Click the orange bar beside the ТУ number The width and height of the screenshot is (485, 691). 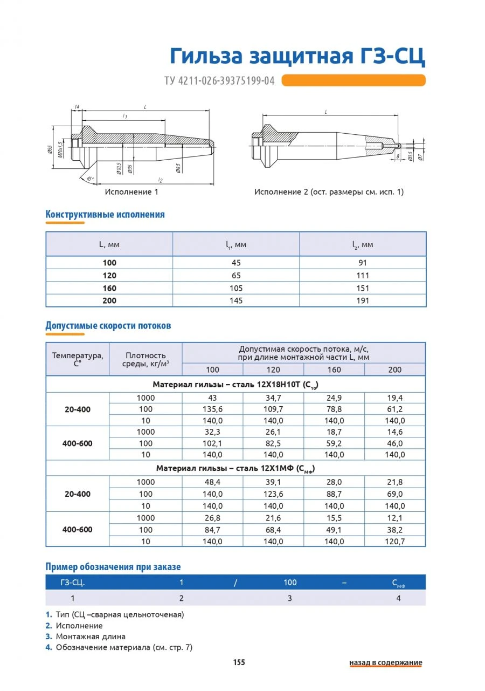coord(354,80)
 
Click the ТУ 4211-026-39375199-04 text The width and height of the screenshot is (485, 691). coord(219,81)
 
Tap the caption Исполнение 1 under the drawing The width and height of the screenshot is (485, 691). coord(132,191)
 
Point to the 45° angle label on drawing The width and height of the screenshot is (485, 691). coord(89,179)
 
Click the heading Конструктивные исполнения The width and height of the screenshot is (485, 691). coord(105,215)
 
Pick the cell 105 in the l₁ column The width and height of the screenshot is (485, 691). coord(236,288)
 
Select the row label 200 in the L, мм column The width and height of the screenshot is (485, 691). coord(109,300)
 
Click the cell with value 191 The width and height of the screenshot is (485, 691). coord(363,300)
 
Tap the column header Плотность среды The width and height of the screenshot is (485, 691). coord(145,359)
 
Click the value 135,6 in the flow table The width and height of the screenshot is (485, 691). coord(212,409)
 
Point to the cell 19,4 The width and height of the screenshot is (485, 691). coord(394,398)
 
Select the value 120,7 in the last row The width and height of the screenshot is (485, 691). coord(394,541)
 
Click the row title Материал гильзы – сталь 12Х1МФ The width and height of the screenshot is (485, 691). coord(235,469)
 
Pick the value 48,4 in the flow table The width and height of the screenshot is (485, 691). coord(212,482)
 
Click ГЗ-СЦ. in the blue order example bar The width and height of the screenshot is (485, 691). coord(73,583)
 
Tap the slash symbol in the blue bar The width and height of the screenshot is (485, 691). coord(235,583)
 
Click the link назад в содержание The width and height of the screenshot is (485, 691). coord(385,663)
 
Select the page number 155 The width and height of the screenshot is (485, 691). coord(239,662)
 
